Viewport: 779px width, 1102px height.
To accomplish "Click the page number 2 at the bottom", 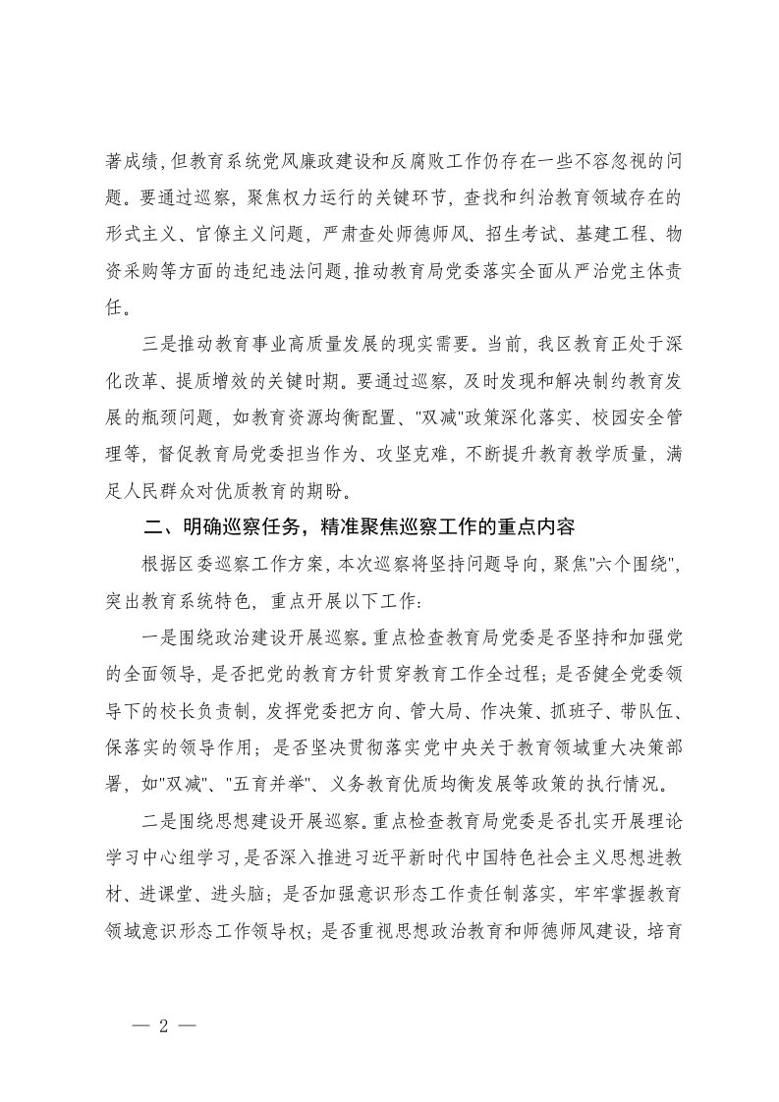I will click(x=164, y=1024).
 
